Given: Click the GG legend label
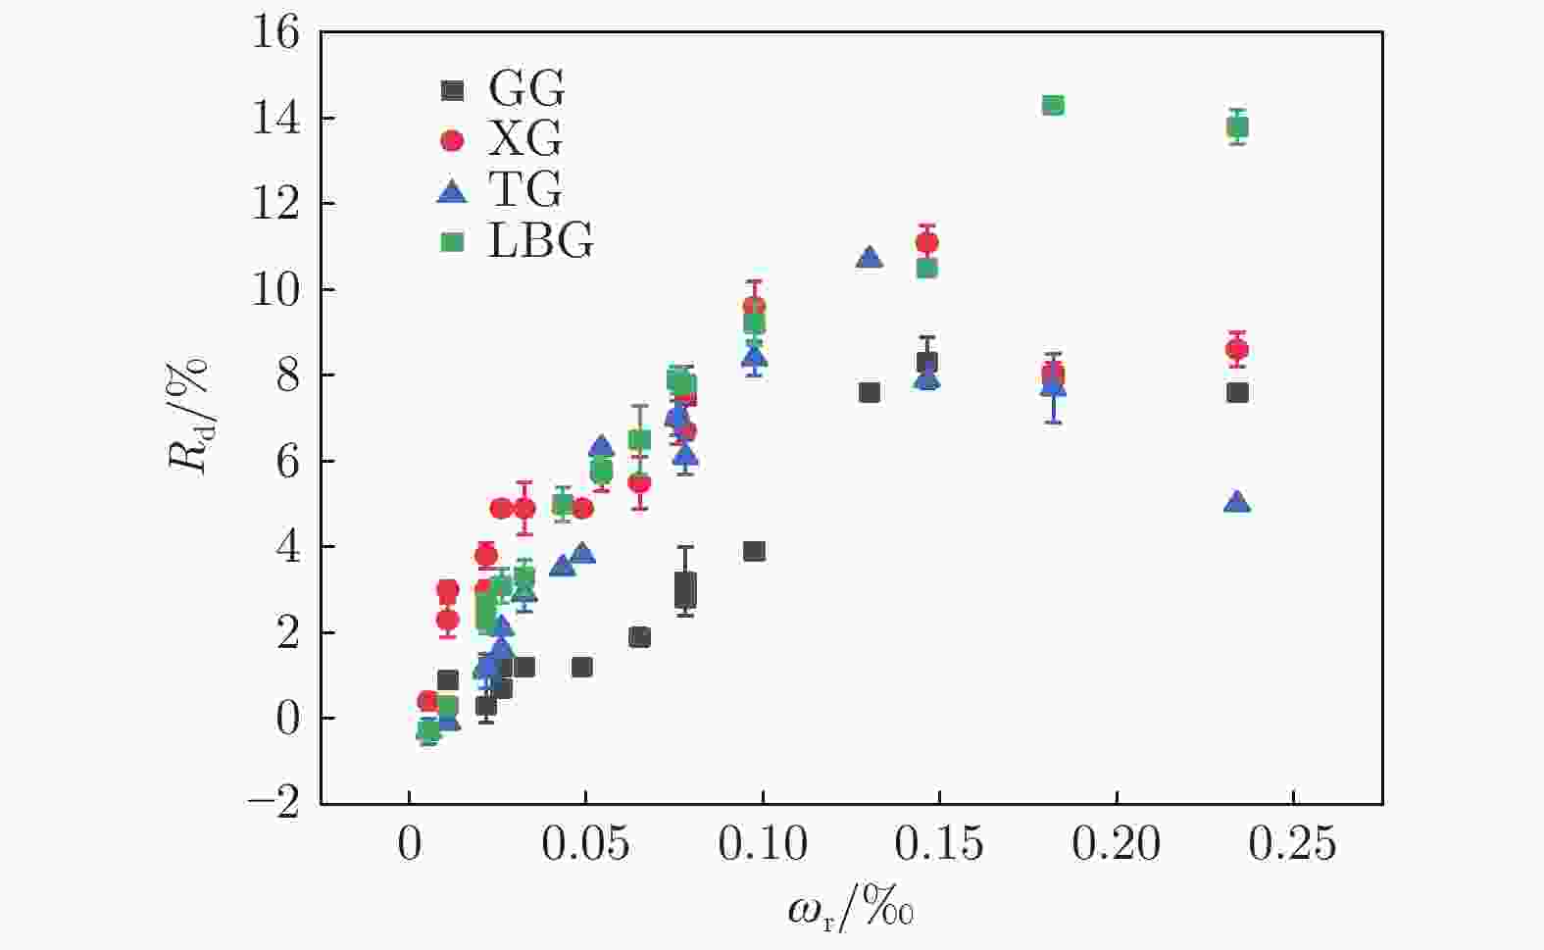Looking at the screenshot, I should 526,89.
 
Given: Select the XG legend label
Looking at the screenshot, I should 525,140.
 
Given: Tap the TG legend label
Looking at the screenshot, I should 525,190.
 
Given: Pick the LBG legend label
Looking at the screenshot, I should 540,240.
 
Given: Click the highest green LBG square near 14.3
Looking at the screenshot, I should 1053,105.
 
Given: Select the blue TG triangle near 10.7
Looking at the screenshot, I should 869,258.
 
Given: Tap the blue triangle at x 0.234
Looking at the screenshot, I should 1237,502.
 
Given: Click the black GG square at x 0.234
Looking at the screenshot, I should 1237,392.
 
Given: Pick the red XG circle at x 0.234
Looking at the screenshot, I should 1237,349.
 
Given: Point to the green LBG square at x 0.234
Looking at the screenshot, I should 1237,126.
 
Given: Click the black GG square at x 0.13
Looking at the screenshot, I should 869,392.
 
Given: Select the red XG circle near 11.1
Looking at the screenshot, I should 926,242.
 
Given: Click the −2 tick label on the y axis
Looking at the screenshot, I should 274,804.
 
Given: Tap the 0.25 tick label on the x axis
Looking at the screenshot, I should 1293,844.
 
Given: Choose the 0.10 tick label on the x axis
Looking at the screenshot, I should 763,844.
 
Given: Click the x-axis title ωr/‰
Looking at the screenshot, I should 851,911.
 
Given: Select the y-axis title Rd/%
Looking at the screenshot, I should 189,416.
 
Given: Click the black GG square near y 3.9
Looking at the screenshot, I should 754,551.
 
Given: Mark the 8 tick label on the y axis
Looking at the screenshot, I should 287,375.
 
